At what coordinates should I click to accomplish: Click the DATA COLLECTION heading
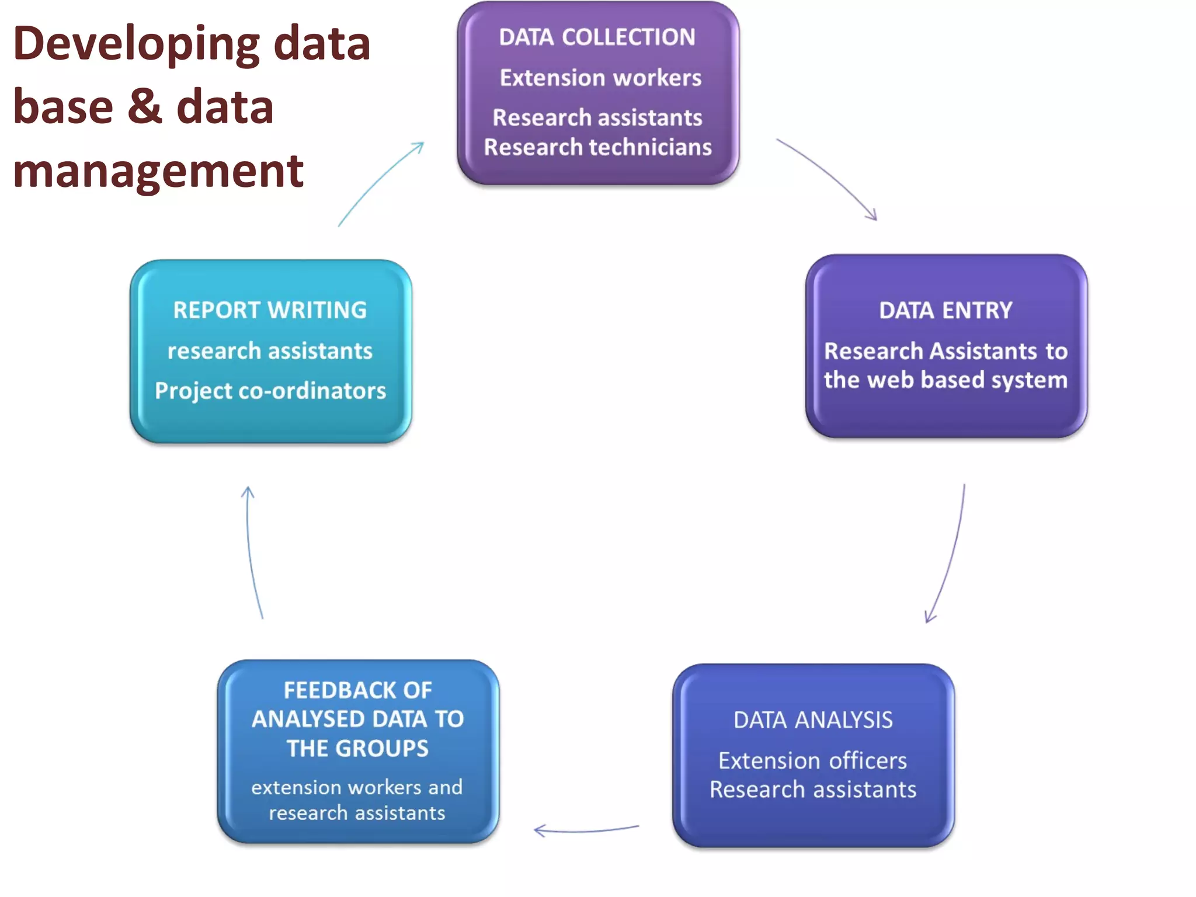coord(597,37)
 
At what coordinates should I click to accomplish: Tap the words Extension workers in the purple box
coord(600,78)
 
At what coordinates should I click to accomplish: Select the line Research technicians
coord(598,147)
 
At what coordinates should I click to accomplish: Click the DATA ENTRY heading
coord(945,311)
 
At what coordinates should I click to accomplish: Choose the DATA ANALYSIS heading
coord(813,720)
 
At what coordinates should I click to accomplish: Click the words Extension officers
coord(812,761)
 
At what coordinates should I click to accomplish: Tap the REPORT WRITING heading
coord(270,310)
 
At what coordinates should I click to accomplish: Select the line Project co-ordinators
coord(270,391)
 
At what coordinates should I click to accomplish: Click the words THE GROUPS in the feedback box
coord(357,749)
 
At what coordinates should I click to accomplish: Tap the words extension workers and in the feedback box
coord(357,787)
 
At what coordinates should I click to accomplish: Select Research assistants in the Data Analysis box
coord(813,790)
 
